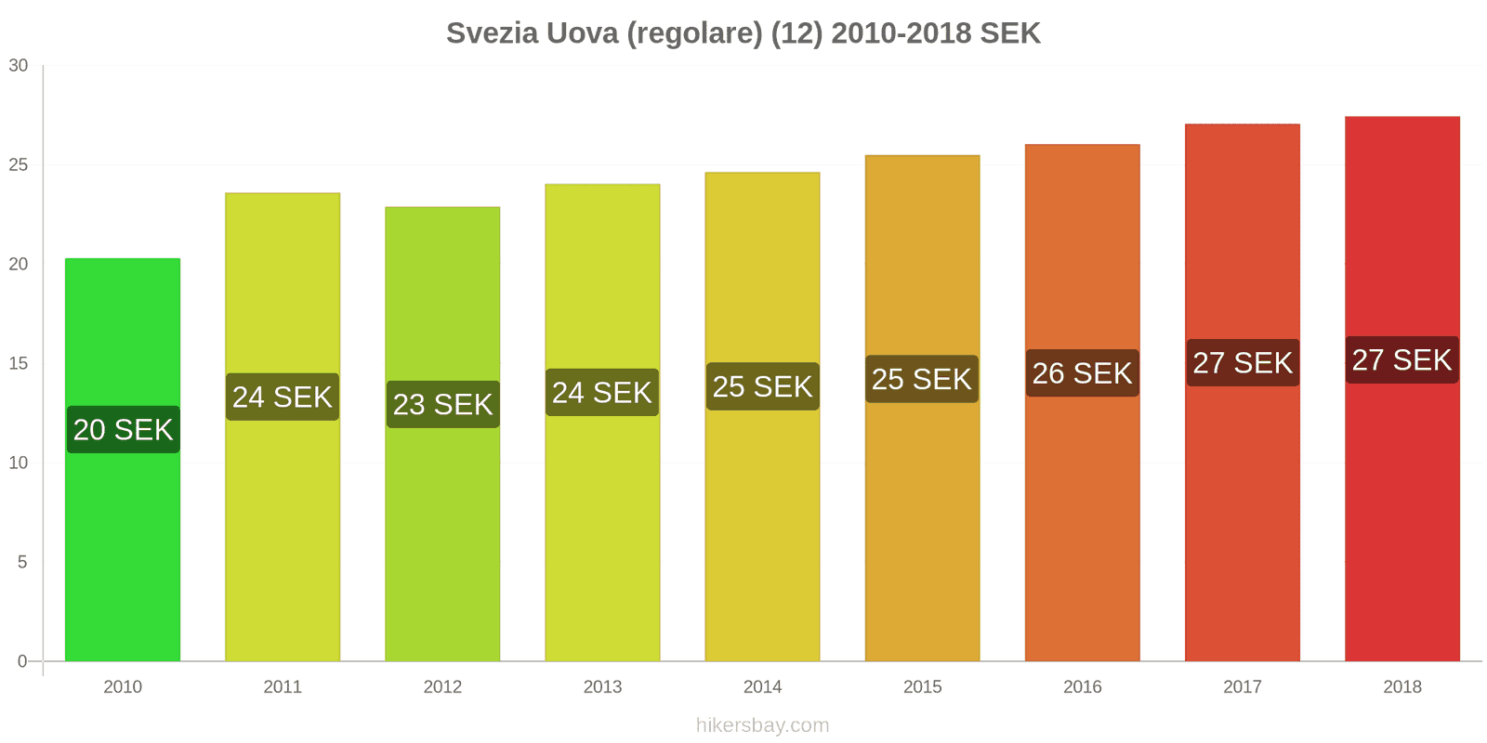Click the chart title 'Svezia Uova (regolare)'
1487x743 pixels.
coord(743,33)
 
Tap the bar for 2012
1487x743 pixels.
coord(442,539)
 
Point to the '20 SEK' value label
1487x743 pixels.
coord(124,430)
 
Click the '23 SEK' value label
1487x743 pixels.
coord(442,405)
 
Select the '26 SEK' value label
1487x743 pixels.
coord(1082,373)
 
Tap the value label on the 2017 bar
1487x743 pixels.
coord(1243,363)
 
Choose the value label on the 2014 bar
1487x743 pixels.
coord(762,386)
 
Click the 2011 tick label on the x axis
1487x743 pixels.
coord(283,687)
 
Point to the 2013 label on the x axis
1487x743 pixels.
coord(602,687)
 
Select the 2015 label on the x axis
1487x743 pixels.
coord(922,687)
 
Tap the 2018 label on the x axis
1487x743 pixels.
coord(1401,687)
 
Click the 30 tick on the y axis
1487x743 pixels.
coord(19,66)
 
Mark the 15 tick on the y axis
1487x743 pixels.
coord(19,364)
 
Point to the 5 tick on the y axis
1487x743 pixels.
coord(22,563)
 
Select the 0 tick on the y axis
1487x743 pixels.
coord(22,662)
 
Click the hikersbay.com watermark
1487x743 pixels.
coord(762,725)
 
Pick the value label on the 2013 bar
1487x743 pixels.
coord(602,393)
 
